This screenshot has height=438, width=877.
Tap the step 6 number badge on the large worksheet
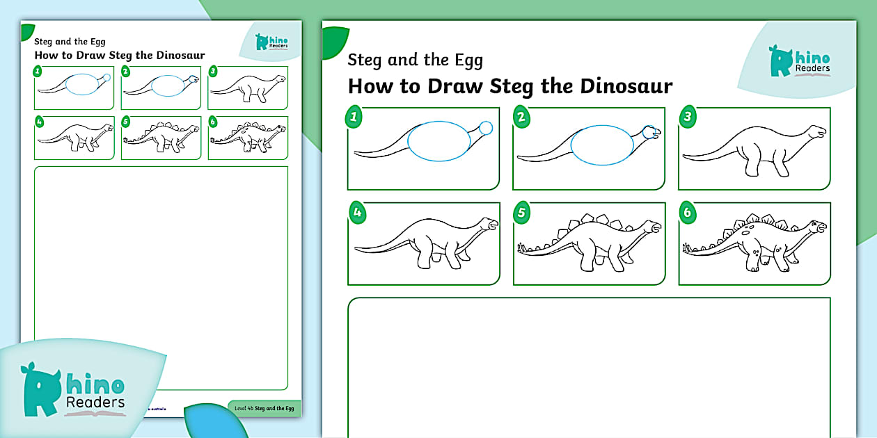point(687,213)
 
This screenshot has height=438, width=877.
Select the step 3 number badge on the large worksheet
point(687,117)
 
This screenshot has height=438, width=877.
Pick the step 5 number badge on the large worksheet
point(521,213)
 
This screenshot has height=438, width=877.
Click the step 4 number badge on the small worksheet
point(39,122)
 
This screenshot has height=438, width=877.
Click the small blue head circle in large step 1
point(486,127)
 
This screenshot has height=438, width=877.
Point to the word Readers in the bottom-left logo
point(95,402)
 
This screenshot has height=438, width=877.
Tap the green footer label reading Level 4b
point(264,408)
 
